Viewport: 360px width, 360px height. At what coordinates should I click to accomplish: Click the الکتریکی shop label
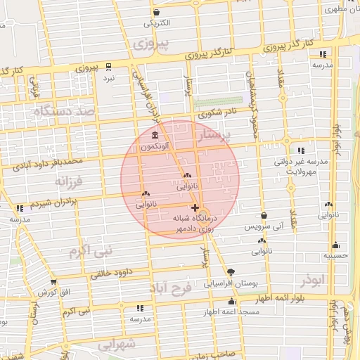click(x=157, y=23)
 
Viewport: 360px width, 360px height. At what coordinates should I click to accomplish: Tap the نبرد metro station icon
click(x=108, y=67)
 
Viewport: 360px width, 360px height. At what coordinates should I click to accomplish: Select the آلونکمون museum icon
click(x=154, y=135)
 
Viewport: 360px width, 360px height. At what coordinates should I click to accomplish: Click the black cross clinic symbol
click(x=195, y=207)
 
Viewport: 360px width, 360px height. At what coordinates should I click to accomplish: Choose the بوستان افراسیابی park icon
click(x=231, y=272)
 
